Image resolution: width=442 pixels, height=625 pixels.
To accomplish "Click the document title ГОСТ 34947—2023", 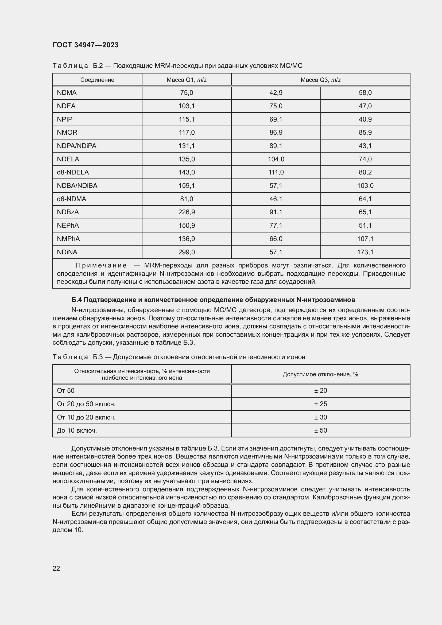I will click(86, 45).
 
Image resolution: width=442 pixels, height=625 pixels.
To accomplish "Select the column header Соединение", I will click(97, 80).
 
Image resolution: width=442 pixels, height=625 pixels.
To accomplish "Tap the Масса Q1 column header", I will click(187, 80).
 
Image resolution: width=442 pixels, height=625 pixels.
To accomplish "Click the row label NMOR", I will click(67, 132).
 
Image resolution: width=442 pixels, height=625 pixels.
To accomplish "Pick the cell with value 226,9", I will click(187, 212).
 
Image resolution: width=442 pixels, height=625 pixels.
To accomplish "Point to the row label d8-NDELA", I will click(73, 172).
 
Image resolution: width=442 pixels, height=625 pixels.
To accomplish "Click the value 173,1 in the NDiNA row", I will click(365, 252).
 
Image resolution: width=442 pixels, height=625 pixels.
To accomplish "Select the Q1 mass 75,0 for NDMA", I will click(187, 92).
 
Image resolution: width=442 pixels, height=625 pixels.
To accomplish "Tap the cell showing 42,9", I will click(276, 92).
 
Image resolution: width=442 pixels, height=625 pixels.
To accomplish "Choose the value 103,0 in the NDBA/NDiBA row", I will click(365, 186).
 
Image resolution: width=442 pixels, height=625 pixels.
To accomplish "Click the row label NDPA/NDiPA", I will click(76, 146).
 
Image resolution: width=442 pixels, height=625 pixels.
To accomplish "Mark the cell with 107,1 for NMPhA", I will click(365, 239).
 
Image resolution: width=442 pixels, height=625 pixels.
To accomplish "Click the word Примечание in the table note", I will click(101, 265).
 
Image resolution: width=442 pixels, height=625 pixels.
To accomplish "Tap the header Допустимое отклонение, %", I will click(320, 374).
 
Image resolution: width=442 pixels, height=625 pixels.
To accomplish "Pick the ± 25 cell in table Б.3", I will click(320, 404).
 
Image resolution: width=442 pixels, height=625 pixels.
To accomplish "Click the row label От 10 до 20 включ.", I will click(86, 417).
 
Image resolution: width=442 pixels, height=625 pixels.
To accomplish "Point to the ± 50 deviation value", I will click(320, 430).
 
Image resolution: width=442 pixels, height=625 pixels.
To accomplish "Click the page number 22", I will click(56, 568).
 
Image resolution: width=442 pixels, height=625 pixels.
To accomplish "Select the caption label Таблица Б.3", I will click(77, 357).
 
